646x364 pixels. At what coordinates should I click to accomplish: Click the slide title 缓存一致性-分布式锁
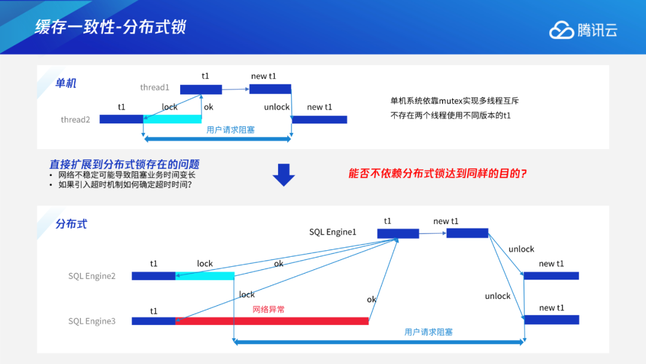tap(111, 27)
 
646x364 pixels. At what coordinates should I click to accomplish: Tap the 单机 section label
tap(66, 83)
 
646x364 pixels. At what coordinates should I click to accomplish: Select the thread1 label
tap(155, 87)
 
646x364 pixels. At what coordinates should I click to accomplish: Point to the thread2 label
tap(75, 120)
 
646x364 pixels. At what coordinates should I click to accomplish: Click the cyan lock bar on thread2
tap(172, 119)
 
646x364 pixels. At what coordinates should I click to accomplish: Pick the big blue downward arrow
tap(284, 174)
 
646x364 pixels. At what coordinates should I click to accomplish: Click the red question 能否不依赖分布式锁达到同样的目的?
tap(437, 174)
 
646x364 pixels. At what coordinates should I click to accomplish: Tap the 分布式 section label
tap(71, 224)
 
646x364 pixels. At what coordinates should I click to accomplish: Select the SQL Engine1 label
tap(333, 232)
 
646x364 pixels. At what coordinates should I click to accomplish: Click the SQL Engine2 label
tap(92, 276)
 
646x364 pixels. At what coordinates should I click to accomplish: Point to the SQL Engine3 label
tap(92, 321)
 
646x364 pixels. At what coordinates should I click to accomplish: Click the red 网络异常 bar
tap(272, 321)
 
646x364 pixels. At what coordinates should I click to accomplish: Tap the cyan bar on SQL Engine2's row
tap(205, 276)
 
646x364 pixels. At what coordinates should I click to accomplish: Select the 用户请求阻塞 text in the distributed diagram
tap(428, 332)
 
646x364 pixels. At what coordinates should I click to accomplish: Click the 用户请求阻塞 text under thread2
tap(230, 129)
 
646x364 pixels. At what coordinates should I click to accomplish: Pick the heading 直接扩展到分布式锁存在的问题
tap(124, 164)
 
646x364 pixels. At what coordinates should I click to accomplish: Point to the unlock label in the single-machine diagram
tap(276, 107)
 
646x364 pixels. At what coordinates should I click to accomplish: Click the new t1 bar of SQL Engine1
tap(467, 233)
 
